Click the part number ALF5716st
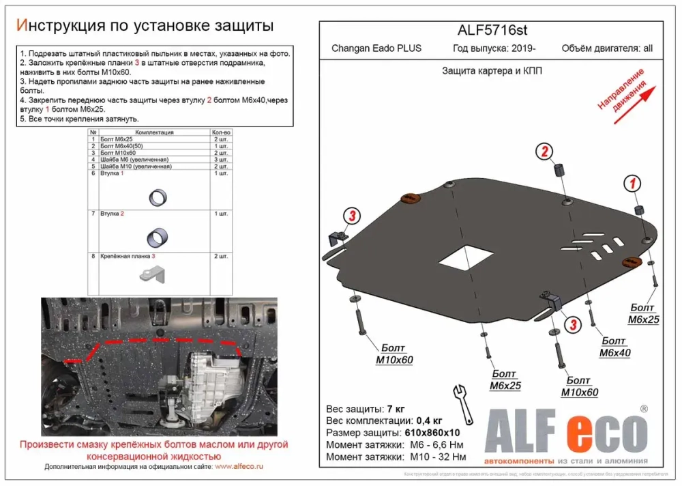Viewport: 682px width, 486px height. click(492, 31)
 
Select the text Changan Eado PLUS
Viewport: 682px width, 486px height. click(376, 48)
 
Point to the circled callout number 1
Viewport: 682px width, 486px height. click(632, 182)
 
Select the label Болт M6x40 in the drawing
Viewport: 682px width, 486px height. click(614, 347)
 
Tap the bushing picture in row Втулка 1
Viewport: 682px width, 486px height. click(156, 198)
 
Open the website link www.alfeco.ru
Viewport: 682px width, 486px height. click(239, 466)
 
